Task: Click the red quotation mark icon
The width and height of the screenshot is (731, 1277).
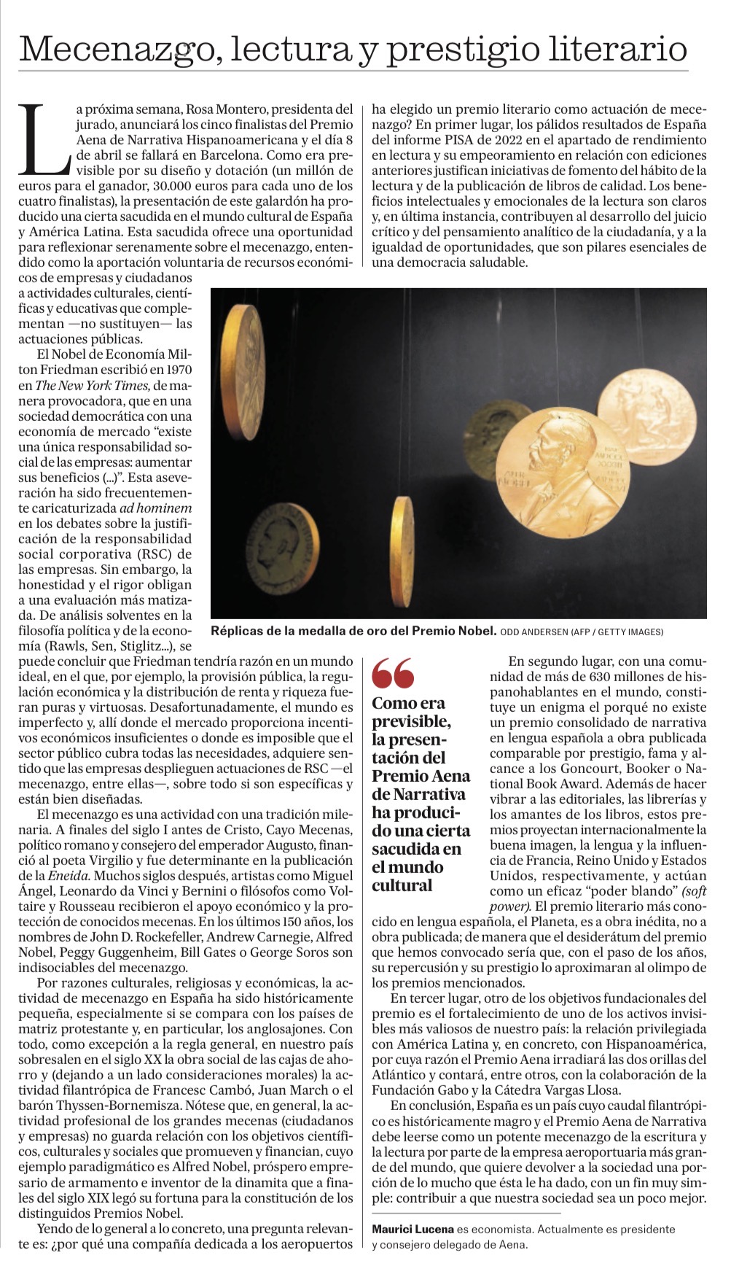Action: coord(393,674)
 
